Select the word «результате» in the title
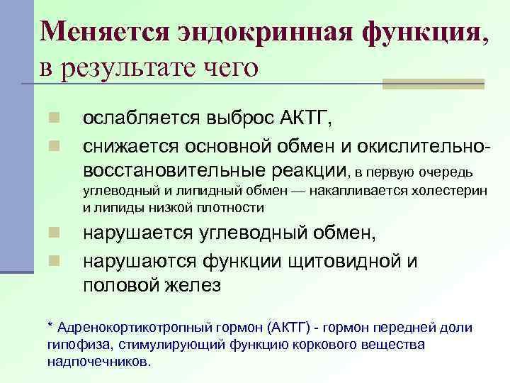point(135,69)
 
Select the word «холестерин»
point(450,191)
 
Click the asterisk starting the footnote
point(50,327)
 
